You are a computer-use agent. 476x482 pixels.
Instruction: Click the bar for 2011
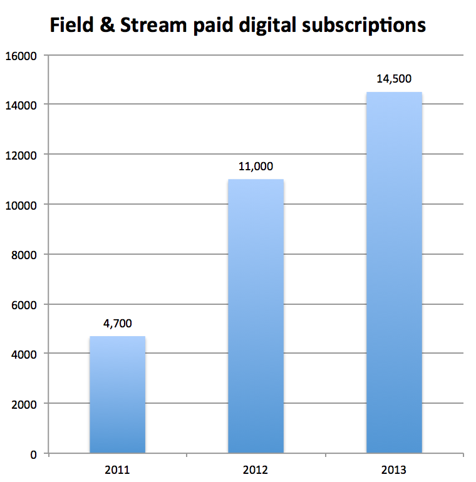click(118, 394)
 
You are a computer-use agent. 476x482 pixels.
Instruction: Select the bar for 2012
click(256, 316)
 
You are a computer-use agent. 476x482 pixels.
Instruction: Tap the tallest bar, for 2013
click(393, 272)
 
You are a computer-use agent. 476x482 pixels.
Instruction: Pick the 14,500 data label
click(393, 79)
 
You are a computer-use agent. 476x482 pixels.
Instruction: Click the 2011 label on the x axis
click(118, 469)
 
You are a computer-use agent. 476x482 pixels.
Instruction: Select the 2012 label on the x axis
click(256, 469)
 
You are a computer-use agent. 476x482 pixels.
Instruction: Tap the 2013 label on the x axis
click(393, 469)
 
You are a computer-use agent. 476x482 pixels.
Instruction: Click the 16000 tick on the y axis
click(23, 55)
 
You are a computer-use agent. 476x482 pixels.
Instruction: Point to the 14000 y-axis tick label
click(23, 105)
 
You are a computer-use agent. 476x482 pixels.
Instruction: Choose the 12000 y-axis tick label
click(23, 155)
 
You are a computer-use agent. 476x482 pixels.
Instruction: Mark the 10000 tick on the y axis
click(23, 205)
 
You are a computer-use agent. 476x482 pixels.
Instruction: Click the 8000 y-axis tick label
click(25, 255)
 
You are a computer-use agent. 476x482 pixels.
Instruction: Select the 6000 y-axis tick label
click(25, 304)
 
